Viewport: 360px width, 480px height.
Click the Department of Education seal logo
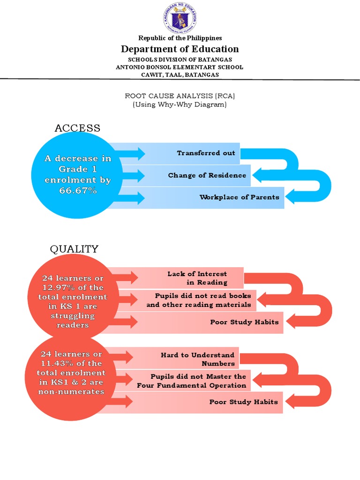[180, 19]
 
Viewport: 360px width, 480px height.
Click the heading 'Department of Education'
[180, 49]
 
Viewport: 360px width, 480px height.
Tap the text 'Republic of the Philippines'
[180, 38]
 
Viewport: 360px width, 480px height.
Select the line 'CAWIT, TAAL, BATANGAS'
[180, 75]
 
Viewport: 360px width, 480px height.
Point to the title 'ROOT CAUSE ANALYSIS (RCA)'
[180, 96]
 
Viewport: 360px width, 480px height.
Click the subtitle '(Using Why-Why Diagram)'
[180, 105]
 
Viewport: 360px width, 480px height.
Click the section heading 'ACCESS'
[77, 128]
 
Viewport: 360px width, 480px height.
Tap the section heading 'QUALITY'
[75, 249]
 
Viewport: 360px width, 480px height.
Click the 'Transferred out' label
[206, 153]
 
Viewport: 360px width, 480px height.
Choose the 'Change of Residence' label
[207, 175]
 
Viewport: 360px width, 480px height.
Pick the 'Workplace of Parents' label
[239, 197]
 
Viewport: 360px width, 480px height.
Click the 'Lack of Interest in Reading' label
[197, 278]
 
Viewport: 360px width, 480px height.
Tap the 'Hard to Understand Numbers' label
[197, 359]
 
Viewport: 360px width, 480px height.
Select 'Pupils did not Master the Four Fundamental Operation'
[192, 381]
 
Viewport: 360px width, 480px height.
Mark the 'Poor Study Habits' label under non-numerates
[243, 402]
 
